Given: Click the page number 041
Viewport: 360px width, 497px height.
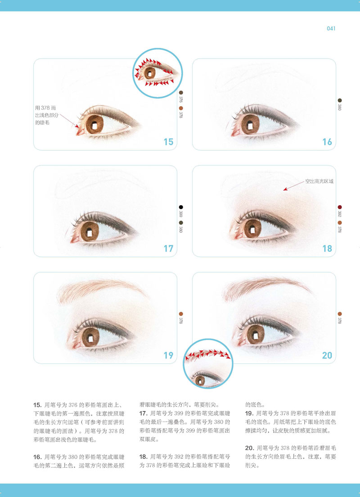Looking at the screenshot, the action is pyautogui.click(x=331, y=28).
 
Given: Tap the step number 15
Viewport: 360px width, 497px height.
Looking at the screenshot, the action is pyautogui.click(x=168, y=142).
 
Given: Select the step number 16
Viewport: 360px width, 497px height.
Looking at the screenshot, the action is pyautogui.click(x=327, y=142).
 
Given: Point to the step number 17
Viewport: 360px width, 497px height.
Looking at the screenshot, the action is pyautogui.click(x=168, y=248).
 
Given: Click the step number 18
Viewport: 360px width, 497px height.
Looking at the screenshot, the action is pyautogui.click(x=327, y=248).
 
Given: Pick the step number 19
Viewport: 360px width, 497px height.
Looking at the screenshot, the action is pyautogui.click(x=168, y=355).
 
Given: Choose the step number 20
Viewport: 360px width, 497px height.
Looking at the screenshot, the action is pyautogui.click(x=327, y=355).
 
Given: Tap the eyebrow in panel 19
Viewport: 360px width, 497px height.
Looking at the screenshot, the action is pyautogui.click(x=102, y=291).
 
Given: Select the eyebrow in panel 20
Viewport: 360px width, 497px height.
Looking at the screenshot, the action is pyautogui.click(x=267, y=288).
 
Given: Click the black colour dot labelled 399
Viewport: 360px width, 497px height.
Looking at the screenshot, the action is pyautogui.click(x=181, y=207).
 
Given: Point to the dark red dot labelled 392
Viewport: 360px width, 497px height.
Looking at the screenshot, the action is pyautogui.click(x=340, y=207).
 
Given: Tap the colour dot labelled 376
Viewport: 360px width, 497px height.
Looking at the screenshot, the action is pyautogui.click(x=181, y=93).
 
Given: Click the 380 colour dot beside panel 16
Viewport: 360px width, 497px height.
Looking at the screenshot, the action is pyautogui.click(x=340, y=100).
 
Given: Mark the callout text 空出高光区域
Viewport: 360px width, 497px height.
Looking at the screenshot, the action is pyautogui.click(x=319, y=182).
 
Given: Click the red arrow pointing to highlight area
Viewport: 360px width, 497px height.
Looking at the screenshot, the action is pyautogui.click(x=294, y=186).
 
